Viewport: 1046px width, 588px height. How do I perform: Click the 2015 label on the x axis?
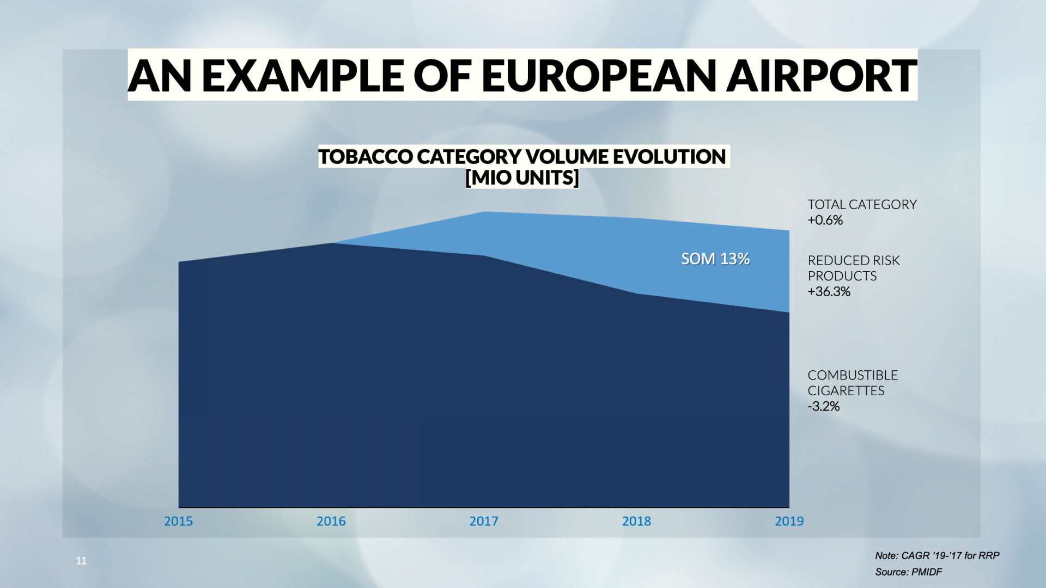(178, 521)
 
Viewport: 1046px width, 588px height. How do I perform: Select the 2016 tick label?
(331, 521)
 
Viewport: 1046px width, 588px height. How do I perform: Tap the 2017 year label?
(484, 521)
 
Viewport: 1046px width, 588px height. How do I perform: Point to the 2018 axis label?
(636, 521)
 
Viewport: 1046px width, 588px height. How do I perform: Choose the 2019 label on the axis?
(789, 521)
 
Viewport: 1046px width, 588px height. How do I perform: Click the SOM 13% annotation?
(715, 259)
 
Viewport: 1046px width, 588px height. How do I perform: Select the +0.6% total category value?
(825, 220)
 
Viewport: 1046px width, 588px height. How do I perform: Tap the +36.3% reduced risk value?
(829, 291)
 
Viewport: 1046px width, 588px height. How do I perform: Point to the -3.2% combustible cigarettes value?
(824, 406)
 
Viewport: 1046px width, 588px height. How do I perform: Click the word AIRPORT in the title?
(822, 75)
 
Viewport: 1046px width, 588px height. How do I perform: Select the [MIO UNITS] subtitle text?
(522, 177)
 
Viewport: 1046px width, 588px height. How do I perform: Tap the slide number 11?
(81, 561)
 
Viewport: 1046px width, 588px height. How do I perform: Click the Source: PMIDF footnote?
(908, 572)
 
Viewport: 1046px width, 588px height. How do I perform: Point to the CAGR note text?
(937, 555)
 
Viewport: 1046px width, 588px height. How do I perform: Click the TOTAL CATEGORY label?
(862, 205)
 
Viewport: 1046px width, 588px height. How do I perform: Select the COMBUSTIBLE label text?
(853, 375)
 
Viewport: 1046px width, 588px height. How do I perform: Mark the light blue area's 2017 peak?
(484, 212)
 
